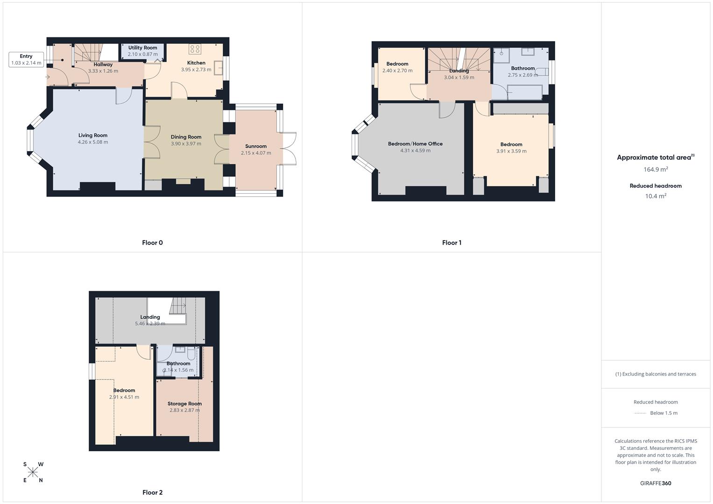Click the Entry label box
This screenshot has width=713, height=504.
[26, 60]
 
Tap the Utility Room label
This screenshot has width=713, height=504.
[142, 48]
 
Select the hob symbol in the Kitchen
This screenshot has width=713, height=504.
[195, 49]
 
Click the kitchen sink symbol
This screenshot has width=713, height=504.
[218, 68]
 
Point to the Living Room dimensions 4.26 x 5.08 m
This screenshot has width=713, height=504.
[93, 142]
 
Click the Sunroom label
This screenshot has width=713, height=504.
[256, 147]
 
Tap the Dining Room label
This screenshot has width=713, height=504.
[186, 137]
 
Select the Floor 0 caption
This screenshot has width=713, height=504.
[153, 243]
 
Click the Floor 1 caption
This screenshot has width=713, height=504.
[452, 243]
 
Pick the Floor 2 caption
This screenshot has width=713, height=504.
[153, 492]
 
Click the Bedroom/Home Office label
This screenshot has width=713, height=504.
[416, 144]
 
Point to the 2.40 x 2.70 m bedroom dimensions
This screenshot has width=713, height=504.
[397, 70]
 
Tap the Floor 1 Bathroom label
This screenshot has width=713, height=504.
[523, 69]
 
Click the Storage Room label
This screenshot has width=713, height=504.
[184, 404]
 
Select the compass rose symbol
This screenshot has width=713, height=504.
[33, 472]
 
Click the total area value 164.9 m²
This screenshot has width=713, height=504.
[656, 169]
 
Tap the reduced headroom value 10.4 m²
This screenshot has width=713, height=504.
[656, 196]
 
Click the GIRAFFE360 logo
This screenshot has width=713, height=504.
[656, 483]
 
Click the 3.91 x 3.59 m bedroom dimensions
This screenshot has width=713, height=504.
[511, 151]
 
